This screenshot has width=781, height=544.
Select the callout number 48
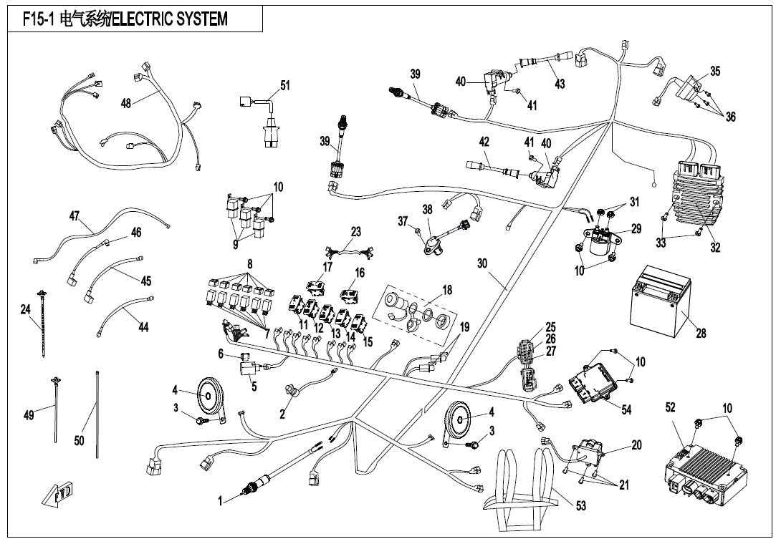click(x=125, y=103)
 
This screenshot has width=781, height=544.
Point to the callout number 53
click(x=580, y=506)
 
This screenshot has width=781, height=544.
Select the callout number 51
click(x=285, y=85)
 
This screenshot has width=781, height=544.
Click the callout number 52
click(x=671, y=408)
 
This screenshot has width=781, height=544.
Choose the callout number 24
click(x=26, y=309)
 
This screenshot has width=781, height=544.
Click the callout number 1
click(x=221, y=502)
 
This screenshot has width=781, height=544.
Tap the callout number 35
click(x=714, y=71)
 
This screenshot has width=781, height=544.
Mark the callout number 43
click(x=560, y=84)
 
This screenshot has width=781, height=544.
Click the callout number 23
click(x=356, y=232)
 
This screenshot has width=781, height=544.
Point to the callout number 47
click(x=74, y=217)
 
